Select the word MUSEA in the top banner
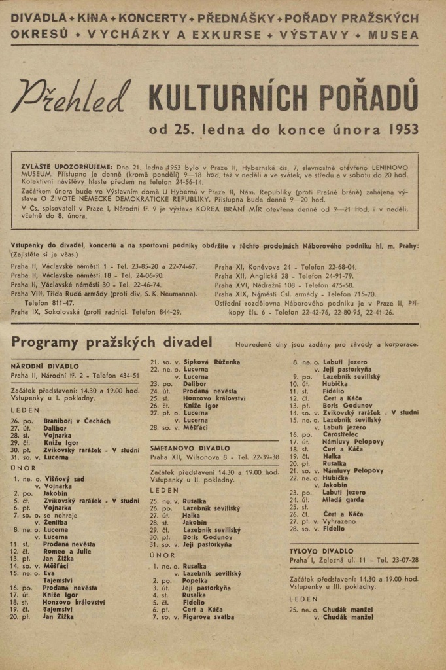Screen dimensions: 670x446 click(392, 34)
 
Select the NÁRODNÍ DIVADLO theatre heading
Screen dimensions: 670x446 click(44, 366)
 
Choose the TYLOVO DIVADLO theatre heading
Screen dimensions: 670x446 click(322, 552)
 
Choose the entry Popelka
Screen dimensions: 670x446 click(195, 580)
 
